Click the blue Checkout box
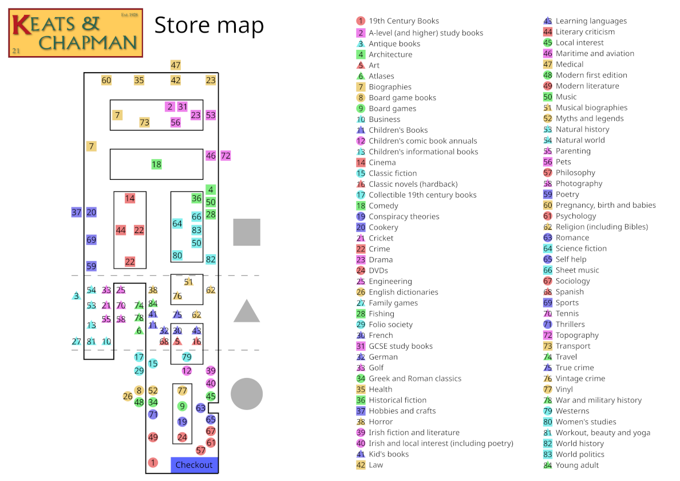(194, 465)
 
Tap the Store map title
(209, 26)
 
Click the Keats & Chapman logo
(76, 33)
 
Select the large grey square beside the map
(247, 232)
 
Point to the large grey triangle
(247, 312)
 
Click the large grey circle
(247, 394)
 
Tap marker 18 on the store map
(156, 164)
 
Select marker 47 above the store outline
(176, 65)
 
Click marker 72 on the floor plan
(226, 155)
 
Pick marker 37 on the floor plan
(77, 212)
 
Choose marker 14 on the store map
(130, 198)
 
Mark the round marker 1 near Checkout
(153, 462)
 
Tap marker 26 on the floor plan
(128, 396)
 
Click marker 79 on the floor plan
(187, 357)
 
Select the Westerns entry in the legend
(572, 411)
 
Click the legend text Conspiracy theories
(404, 216)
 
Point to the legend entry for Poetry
(567, 194)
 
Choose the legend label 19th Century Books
(404, 21)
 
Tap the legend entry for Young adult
(578, 465)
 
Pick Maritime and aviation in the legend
(595, 53)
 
